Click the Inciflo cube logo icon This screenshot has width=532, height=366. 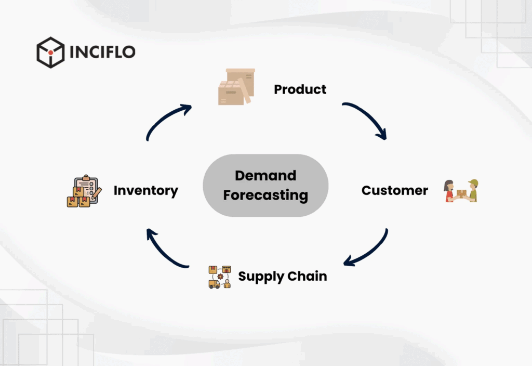tap(50, 53)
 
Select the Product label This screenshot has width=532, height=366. tap(300, 89)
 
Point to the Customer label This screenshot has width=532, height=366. tap(394, 190)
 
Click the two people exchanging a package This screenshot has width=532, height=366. tap(461, 191)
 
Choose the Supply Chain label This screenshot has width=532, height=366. tap(282, 276)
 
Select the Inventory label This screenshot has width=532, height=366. tap(145, 191)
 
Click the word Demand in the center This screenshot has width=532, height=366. tap(265, 176)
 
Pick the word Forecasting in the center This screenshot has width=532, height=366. tap(265, 195)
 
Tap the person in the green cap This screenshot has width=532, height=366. tap(472, 190)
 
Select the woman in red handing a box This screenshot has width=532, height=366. tap(449, 191)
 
